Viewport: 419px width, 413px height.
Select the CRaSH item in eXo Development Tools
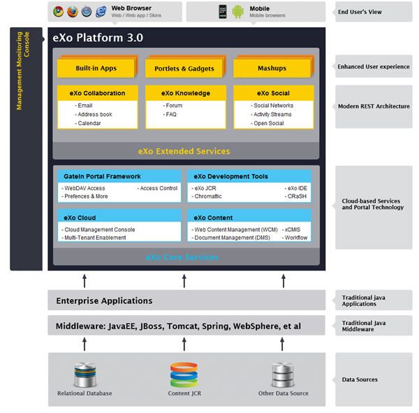tap(296, 196)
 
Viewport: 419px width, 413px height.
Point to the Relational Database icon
tap(84, 375)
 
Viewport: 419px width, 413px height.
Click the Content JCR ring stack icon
tap(184, 374)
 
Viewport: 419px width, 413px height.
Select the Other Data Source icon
tap(282, 375)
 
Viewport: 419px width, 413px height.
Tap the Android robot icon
tap(238, 11)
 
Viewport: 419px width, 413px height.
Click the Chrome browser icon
tap(58, 11)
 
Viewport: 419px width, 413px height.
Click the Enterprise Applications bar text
tap(105, 301)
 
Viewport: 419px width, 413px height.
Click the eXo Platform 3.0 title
tap(98, 38)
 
